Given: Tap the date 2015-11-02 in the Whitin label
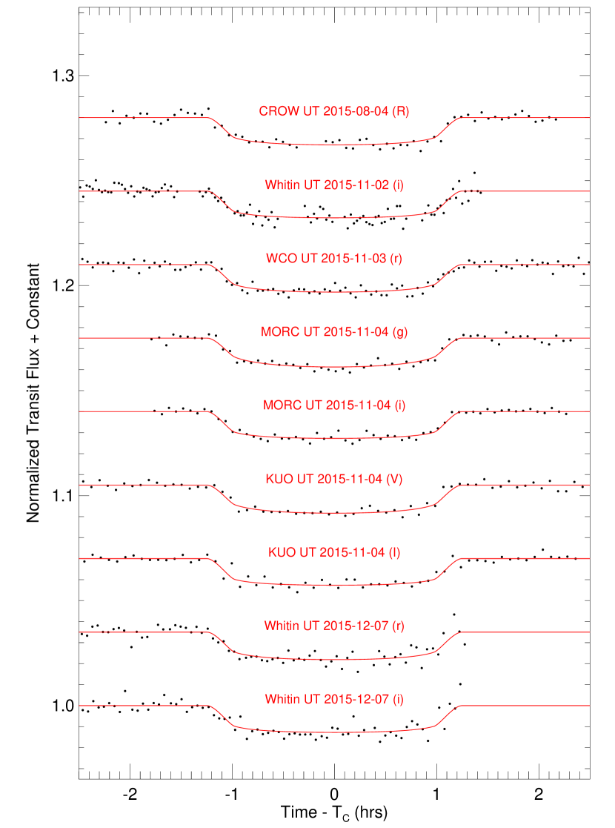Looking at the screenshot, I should click(356, 185).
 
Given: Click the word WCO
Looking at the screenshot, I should click(282, 259).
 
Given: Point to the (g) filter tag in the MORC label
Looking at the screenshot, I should click(400, 332).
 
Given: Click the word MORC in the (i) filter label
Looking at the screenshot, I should click(282, 405).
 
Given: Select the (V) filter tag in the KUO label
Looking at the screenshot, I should click(395, 479).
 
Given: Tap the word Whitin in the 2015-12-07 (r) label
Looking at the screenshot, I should click(282, 626).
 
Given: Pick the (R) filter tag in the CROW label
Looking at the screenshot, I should click(400, 112).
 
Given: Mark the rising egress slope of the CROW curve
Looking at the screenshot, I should click(448, 127).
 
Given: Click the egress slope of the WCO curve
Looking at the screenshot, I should click(448, 274).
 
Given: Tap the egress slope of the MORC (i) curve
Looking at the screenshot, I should click(448, 421).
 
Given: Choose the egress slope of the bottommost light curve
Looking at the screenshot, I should click(448, 715).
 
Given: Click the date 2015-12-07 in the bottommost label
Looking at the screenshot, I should click(356, 699).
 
